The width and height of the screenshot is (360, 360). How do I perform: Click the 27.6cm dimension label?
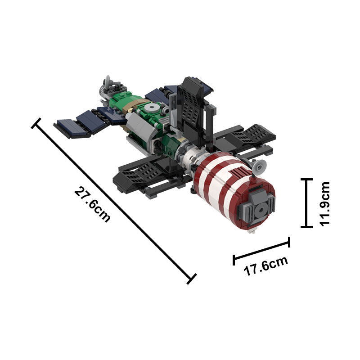[92, 205]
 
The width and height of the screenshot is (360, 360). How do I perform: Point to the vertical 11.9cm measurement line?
[306, 203]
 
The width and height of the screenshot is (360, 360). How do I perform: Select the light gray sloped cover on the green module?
[137, 126]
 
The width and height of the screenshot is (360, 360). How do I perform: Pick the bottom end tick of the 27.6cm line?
[192, 279]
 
